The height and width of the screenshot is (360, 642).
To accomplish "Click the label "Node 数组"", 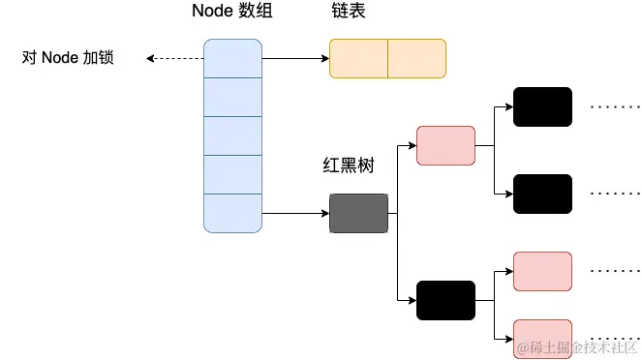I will click(231, 13).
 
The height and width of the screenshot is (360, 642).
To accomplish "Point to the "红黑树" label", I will click(348, 166).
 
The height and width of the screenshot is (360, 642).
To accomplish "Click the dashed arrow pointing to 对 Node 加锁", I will click(174, 58).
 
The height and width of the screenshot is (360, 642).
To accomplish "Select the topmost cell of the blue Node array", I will click(232, 58).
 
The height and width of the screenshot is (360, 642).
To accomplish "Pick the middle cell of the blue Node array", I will click(232, 135).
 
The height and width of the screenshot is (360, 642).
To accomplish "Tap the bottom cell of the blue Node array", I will click(232, 213).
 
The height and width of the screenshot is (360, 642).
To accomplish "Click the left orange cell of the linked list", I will click(358, 58).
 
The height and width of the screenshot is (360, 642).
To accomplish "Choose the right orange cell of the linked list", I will click(416, 58).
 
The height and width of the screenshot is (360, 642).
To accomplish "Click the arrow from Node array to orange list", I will click(295, 58).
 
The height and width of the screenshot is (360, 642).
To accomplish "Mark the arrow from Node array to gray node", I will click(295, 213).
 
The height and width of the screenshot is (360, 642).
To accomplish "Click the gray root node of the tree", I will click(358, 213).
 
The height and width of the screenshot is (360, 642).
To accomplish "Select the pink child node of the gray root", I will click(445, 145).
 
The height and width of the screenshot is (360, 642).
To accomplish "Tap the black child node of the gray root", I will click(445, 300).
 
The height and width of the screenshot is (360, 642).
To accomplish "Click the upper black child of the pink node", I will click(542, 106).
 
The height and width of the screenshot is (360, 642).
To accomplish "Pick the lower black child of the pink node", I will click(542, 194).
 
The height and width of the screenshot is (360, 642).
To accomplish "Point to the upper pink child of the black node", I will click(542, 271).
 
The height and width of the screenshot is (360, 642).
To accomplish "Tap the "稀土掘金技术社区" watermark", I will click(579, 346).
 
